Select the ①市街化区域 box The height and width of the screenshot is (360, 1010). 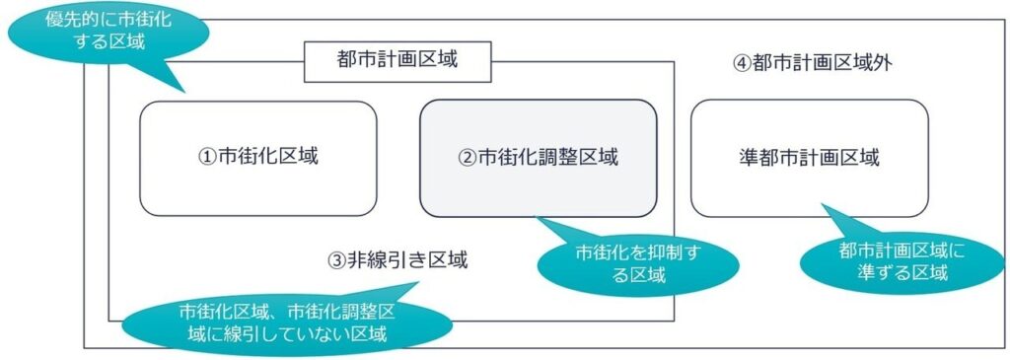257,158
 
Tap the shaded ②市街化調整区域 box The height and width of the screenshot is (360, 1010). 538,158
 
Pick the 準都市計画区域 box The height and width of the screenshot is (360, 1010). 809,158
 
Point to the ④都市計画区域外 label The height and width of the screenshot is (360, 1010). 813,64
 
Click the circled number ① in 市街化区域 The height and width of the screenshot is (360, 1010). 207,158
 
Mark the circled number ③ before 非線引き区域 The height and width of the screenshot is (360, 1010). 337,261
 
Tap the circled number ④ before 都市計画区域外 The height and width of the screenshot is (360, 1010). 742,64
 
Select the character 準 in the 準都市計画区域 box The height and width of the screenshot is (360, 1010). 748,158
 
